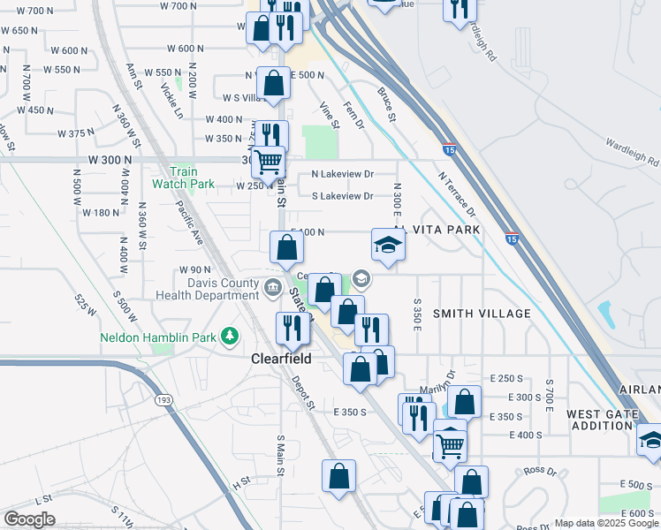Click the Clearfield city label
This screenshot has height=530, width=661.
[281, 360]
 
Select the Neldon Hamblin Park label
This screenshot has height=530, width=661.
[158, 337]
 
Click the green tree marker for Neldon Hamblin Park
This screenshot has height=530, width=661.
[231, 336]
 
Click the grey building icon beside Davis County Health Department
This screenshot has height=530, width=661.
[273, 284]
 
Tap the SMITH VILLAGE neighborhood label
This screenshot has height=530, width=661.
[482, 314]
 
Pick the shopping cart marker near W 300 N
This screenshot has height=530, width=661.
[268, 163]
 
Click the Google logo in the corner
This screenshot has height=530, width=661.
[29, 519]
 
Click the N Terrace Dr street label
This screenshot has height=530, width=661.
[457, 194]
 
